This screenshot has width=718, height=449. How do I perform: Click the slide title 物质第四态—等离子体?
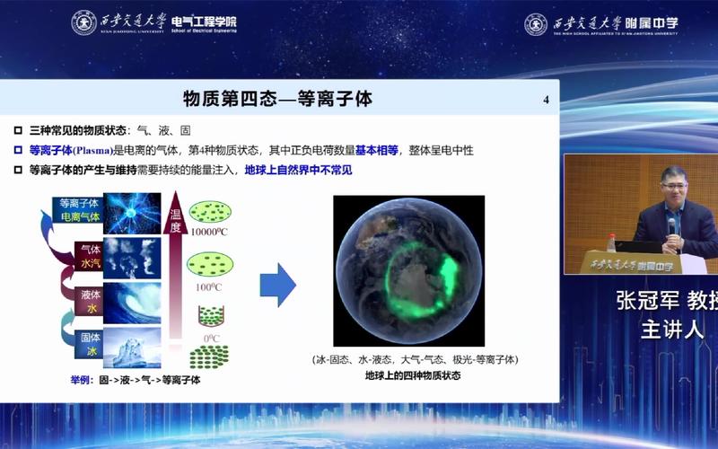[277, 98]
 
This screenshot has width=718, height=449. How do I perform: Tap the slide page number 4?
[546, 99]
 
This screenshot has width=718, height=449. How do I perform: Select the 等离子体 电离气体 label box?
[79, 209]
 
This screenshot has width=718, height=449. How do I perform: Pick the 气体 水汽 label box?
[90, 256]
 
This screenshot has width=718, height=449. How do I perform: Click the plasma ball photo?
[132, 214]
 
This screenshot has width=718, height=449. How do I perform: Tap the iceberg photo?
[132, 348]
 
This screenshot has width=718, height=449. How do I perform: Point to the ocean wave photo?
[132, 303]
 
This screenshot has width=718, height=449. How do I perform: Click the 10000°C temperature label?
[211, 233]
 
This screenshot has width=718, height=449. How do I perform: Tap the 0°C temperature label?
[212, 338]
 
